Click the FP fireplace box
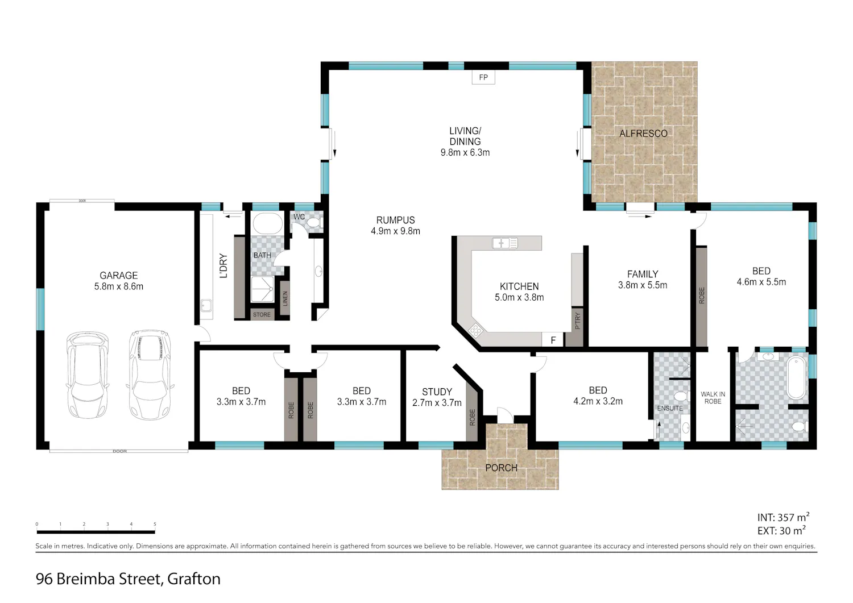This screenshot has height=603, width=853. point(483,77)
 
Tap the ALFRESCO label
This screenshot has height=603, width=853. point(643,134)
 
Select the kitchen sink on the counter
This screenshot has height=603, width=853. point(505,243)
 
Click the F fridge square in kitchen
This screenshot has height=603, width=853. point(553,340)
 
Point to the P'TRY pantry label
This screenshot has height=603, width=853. point(578,321)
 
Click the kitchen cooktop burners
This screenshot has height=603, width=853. point(475,330)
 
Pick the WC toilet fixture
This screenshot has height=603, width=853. point(314,223)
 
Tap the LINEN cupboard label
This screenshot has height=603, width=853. point(285,298)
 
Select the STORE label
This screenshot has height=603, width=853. point(262,314)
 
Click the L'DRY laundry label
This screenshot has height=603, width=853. point(223,266)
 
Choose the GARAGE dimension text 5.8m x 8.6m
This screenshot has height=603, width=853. point(119,286)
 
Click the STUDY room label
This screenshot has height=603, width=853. point(437,392)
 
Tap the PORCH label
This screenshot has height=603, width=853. point(501,468)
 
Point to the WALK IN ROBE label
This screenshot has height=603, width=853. point(713,398)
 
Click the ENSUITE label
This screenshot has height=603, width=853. point(670,409)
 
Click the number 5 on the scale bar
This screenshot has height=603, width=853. point(155,524)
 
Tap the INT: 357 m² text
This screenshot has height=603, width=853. point(783,517)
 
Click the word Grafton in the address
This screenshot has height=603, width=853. point(194,579)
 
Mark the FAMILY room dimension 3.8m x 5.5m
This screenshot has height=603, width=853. point(643,285)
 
